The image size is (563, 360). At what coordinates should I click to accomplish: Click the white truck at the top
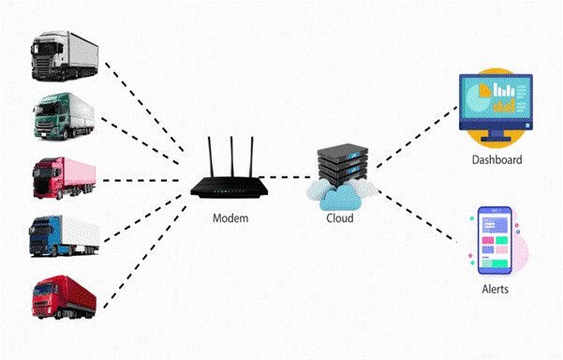click(64, 55)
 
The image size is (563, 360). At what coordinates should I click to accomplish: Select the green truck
click(64, 115)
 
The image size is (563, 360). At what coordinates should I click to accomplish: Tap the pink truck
click(64, 177)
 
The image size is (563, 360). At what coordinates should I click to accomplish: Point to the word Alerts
click(494, 290)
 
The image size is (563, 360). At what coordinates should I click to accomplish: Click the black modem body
click(229, 187)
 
